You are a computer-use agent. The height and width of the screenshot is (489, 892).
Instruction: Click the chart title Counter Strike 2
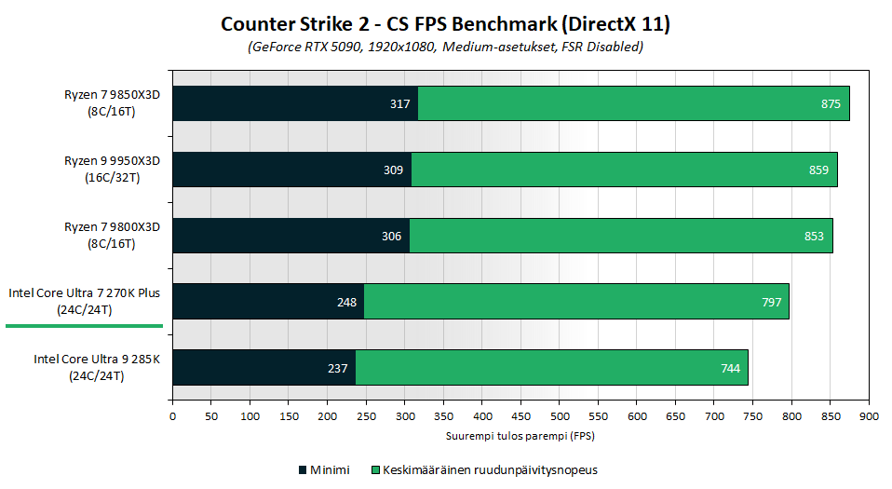445,23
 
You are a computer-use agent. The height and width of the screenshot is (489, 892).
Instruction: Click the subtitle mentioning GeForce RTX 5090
445,46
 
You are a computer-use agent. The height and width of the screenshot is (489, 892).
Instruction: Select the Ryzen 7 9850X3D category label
113,102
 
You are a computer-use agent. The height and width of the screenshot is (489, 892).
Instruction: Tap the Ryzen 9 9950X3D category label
113,169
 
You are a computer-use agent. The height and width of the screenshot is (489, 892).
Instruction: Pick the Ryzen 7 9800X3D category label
113,235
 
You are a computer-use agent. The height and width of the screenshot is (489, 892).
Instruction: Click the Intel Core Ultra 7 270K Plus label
85,301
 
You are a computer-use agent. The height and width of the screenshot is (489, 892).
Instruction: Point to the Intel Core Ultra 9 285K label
98,367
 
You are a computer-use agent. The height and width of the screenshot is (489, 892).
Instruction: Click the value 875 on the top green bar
831,103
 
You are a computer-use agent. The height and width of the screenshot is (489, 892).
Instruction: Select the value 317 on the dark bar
400,103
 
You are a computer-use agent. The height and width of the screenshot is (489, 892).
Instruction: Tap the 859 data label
818,170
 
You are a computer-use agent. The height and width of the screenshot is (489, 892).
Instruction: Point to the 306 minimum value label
392,236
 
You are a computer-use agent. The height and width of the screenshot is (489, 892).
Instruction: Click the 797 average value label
770,302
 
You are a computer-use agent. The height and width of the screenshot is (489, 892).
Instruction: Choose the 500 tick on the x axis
560,415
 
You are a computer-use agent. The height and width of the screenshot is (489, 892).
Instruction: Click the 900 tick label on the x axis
869,415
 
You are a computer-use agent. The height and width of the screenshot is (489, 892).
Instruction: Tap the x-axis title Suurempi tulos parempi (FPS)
520,435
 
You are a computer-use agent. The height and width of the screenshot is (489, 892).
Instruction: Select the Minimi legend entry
324,469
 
